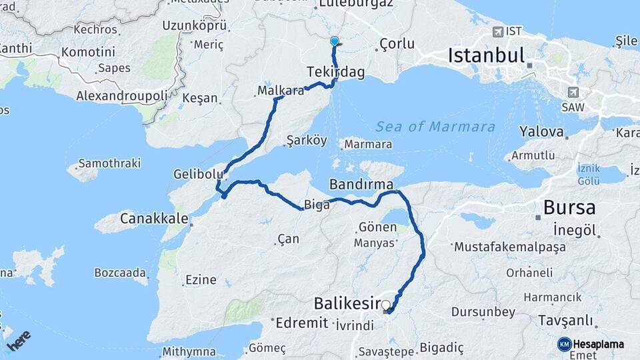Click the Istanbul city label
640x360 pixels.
click(487, 55)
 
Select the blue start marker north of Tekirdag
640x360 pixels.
click(335, 42)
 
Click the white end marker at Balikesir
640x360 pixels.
click(385, 305)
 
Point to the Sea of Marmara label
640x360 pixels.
click(435, 127)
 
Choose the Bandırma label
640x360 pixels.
click(361, 183)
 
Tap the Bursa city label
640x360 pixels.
click(569, 207)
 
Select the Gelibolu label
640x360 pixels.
click(197, 173)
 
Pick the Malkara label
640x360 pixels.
click(280, 90)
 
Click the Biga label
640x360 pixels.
click(317, 205)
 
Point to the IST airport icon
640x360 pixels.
click(497, 31)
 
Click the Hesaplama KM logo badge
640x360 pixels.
click(565, 344)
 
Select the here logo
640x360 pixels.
click(19, 341)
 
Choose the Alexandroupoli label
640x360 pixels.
click(121, 95)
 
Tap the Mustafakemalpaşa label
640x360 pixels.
click(509, 247)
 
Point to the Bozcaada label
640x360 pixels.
click(120, 273)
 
